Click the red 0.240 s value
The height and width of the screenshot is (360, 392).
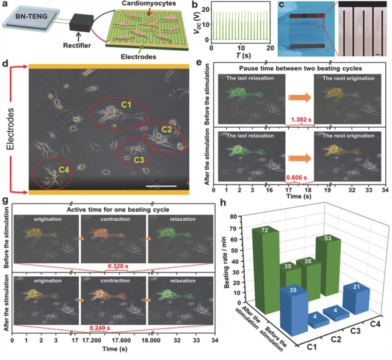(x=97, y=328)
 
